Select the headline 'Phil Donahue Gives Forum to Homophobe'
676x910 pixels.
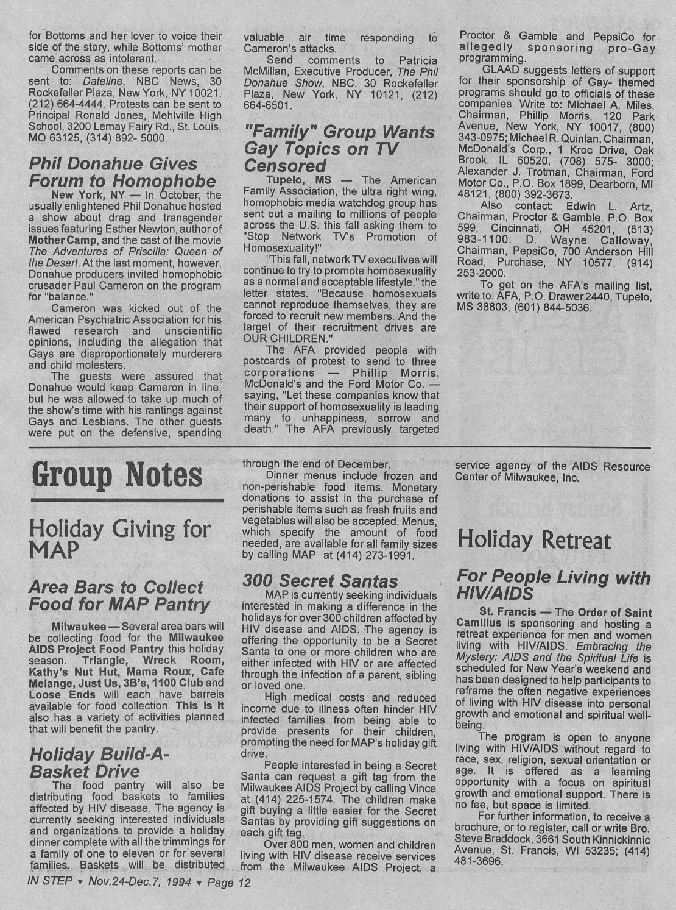[x=122, y=172]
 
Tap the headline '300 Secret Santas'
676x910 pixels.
[x=320, y=580]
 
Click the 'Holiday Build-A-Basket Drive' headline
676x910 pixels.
[x=97, y=762]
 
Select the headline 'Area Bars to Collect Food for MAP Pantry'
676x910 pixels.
[x=119, y=595]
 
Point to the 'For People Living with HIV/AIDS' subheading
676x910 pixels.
[x=553, y=585]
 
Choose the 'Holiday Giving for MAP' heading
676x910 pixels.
[x=119, y=538]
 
